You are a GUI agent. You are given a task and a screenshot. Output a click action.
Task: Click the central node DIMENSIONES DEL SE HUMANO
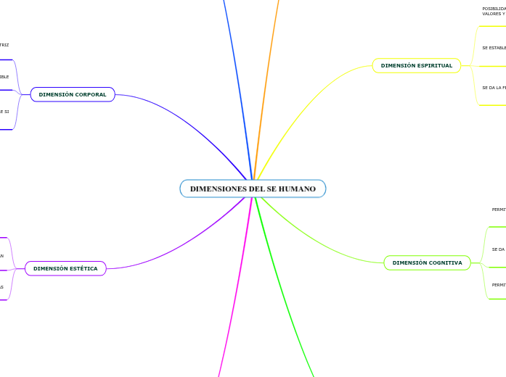[x=253, y=188]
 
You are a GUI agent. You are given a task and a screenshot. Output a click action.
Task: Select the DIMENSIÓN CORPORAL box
[x=73, y=94]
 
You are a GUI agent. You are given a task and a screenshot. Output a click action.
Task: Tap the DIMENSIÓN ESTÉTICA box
[x=65, y=268]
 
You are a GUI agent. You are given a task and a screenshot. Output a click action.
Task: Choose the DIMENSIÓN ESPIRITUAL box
[x=416, y=65]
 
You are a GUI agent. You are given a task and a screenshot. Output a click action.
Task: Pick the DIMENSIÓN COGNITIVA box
[x=427, y=262]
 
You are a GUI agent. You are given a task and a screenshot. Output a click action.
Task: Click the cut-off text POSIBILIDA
[x=494, y=9]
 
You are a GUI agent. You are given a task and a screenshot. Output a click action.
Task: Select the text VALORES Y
[x=494, y=14]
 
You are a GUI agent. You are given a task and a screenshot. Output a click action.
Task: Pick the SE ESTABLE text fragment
[x=494, y=48]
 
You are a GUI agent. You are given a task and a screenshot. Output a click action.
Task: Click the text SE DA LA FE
[x=494, y=88]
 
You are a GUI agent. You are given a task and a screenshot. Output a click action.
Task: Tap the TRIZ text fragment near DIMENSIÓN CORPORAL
[x=4, y=45]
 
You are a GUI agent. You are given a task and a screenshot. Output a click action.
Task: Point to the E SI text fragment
[x=4, y=112]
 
